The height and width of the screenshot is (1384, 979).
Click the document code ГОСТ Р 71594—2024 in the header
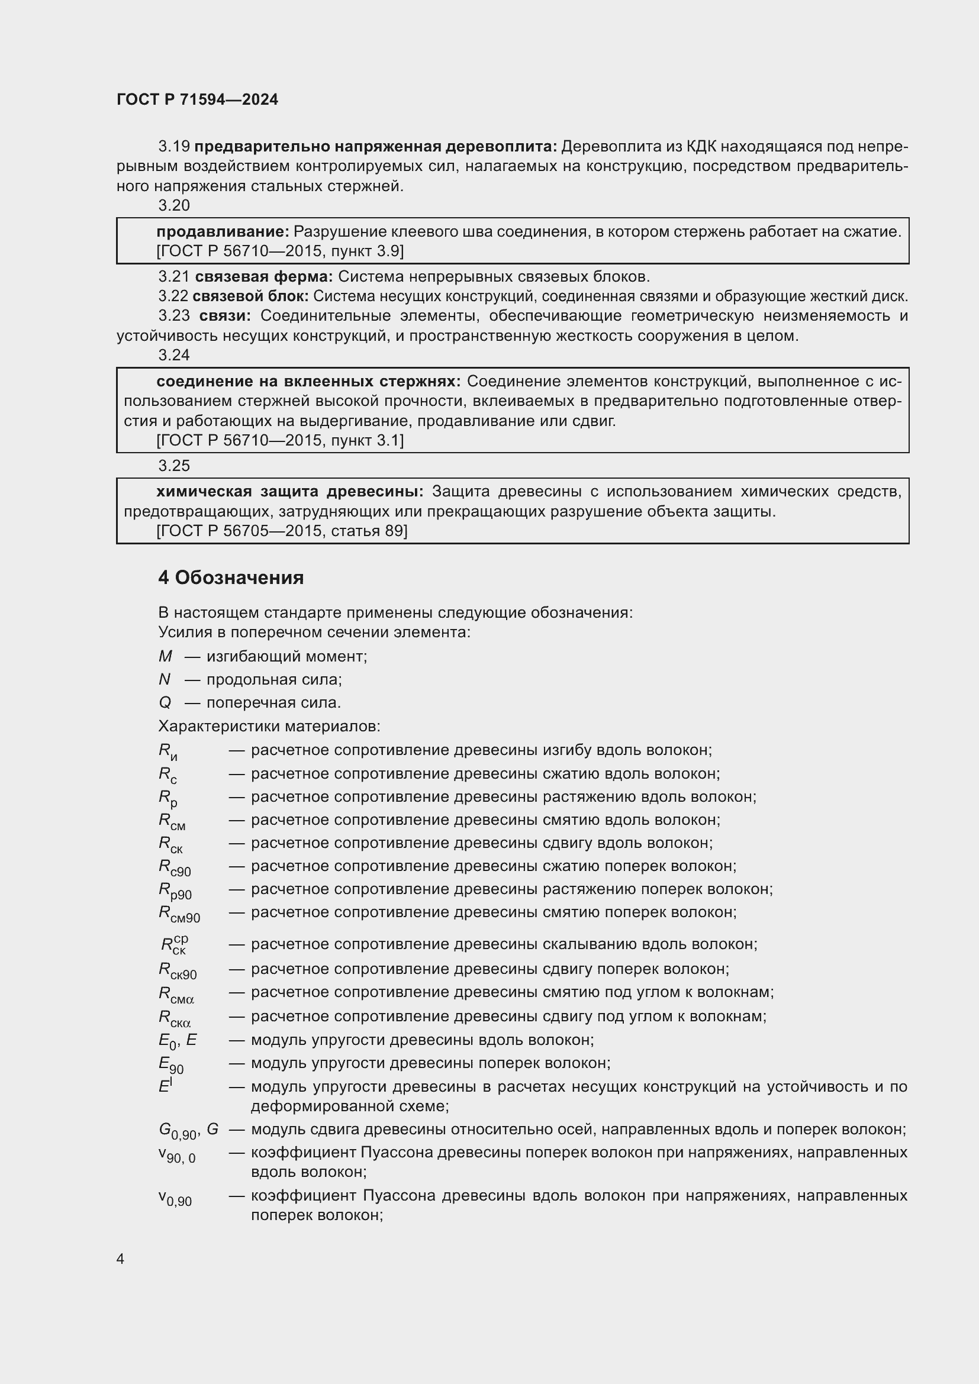(x=197, y=100)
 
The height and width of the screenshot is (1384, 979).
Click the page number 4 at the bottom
(x=120, y=1259)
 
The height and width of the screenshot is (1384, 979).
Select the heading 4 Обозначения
(x=231, y=578)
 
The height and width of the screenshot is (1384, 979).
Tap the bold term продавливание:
(x=223, y=231)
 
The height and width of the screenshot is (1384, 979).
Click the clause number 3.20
(x=173, y=205)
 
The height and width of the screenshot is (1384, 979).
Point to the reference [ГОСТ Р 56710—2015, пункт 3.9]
(x=280, y=251)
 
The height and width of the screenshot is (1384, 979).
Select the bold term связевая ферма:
(x=263, y=277)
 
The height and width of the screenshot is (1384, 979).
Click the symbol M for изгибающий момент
(x=165, y=656)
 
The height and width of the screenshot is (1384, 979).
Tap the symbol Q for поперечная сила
(x=165, y=703)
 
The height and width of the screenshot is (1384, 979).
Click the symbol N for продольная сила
(x=165, y=679)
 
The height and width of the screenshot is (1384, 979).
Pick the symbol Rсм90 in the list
(x=179, y=914)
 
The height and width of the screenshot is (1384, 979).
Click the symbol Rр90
(x=175, y=891)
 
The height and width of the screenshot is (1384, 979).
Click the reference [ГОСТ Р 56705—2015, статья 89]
(x=282, y=531)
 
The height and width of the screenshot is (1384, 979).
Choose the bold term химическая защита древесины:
(x=289, y=492)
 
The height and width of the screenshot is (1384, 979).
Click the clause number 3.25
(x=173, y=466)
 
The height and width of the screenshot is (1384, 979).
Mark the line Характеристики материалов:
(x=269, y=727)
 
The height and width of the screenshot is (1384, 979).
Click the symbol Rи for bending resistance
(x=168, y=751)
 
